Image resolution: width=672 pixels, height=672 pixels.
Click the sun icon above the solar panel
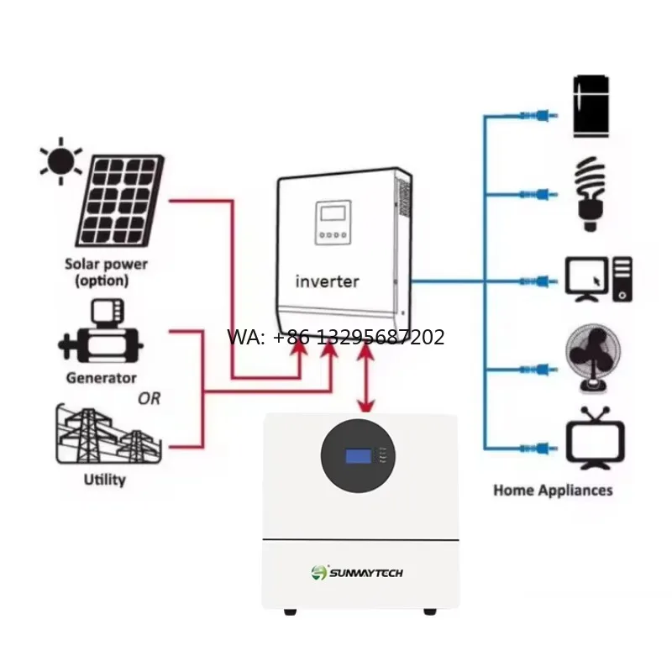pos(60,161)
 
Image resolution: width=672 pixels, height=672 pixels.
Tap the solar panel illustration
pos(120,201)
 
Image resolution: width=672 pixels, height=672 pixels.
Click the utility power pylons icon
pos(109,433)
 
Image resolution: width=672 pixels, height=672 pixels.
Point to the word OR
pos(150,399)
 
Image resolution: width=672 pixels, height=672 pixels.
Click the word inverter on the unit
pos(328,281)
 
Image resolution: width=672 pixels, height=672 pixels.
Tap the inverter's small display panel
pos(333,223)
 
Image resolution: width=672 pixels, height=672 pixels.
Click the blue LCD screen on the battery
pos(359,456)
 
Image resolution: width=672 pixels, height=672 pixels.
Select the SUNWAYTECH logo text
pos(366,573)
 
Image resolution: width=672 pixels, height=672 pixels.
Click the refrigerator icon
pos(591,107)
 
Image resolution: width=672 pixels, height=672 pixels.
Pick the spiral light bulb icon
pos(591,194)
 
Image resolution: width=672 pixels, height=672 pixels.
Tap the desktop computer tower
pos(622,279)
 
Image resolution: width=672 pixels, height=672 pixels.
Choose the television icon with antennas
pos(595,438)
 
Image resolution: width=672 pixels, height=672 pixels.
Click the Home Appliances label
pos(553,491)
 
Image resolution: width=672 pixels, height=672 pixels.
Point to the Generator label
pos(101,378)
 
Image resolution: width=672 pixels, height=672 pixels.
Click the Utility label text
pos(104,480)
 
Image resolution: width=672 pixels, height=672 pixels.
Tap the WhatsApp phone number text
pos(335,338)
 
